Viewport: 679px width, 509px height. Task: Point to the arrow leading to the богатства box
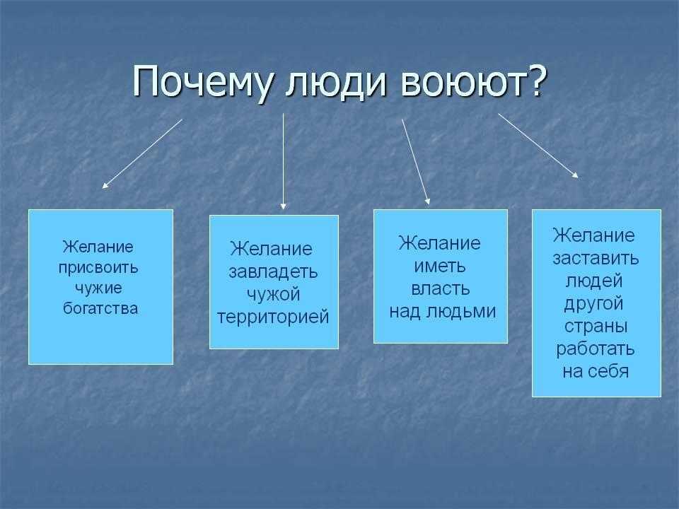[142, 153]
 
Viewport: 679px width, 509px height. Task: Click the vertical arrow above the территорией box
[283, 161]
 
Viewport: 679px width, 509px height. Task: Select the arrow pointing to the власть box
[416, 161]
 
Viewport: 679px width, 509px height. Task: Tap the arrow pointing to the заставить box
[538, 146]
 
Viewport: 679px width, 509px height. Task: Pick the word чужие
[98, 288]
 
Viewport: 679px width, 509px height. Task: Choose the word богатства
[100, 308]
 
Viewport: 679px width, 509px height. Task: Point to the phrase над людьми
[443, 312]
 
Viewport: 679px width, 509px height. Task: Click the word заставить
[596, 259]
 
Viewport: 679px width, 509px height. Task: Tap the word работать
[596, 349]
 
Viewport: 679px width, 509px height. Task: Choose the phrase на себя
[596, 372]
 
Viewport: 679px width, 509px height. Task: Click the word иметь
[440, 267]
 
